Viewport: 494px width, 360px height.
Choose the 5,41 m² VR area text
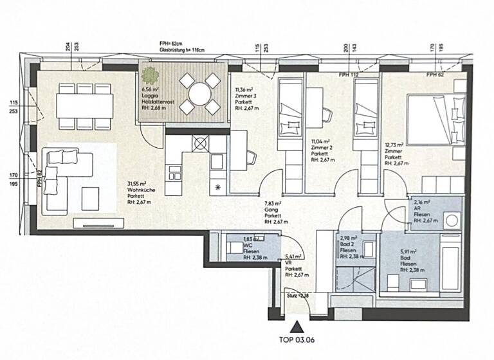tap(293, 264)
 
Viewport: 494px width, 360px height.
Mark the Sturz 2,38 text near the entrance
tap(297, 296)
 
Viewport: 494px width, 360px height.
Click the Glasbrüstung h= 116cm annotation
tap(185, 50)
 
